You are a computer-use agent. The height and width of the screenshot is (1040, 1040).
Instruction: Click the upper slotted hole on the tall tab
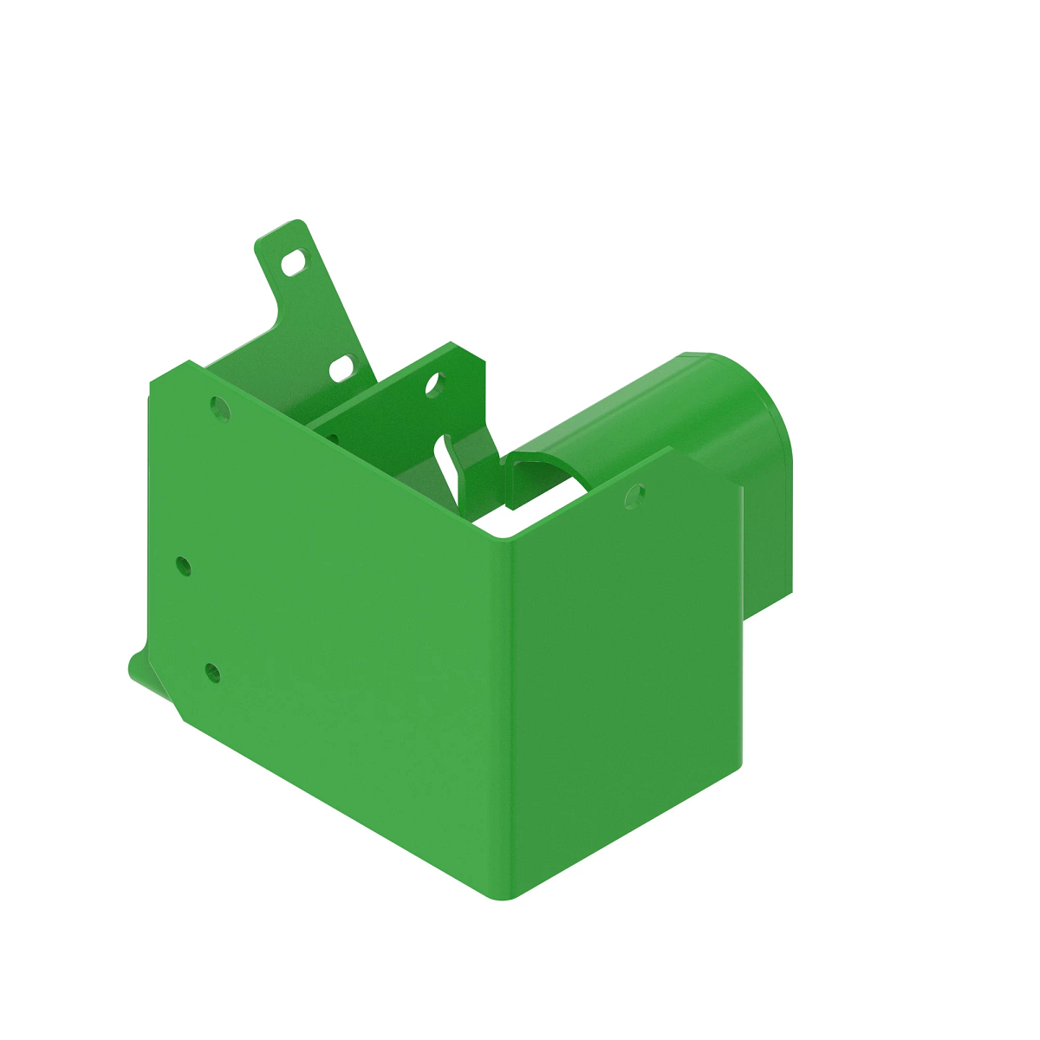click(x=295, y=263)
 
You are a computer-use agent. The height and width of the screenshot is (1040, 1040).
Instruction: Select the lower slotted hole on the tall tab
click(x=342, y=368)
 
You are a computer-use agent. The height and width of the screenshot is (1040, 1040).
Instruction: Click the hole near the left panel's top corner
click(x=220, y=407)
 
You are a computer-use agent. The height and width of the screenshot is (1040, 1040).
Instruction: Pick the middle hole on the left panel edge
click(x=183, y=566)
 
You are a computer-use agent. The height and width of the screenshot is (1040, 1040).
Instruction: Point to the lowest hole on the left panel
click(x=211, y=672)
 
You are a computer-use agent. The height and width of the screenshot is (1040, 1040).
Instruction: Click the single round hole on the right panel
click(x=634, y=495)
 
